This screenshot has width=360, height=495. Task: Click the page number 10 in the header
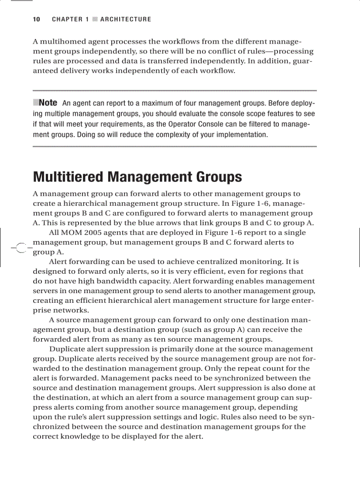tap(36, 19)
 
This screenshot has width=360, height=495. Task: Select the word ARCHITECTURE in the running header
tap(125, 19)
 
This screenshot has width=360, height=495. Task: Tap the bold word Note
tap(48, 103)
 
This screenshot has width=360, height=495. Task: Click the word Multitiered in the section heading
tap(68, 177)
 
